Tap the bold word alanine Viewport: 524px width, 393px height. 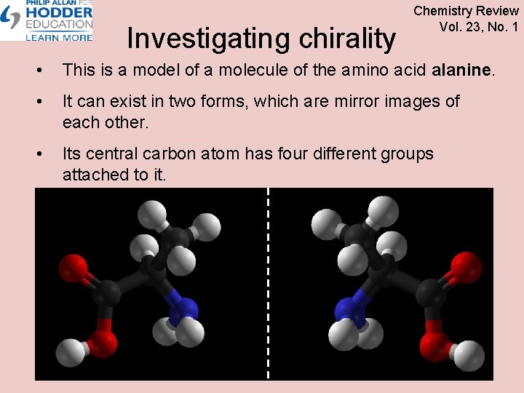(463, 71)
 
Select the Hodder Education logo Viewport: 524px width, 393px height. (47, 20)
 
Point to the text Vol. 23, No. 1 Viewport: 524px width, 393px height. (478, 27)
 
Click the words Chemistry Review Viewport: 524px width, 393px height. (466, 11)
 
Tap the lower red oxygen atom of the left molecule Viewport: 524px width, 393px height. (104, 342)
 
